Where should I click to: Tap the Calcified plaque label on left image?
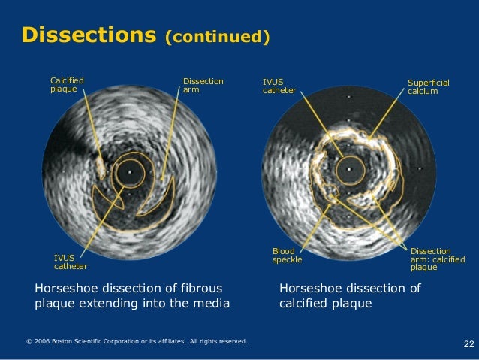pos(67,85)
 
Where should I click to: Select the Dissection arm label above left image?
pos(203,85)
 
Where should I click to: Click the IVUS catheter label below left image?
pos(70,262)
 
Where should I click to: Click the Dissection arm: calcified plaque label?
pos(437,259)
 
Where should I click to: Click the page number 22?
pos(468,344)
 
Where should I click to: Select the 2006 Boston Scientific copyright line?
pos(136,342)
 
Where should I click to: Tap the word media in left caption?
pos(211,304)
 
